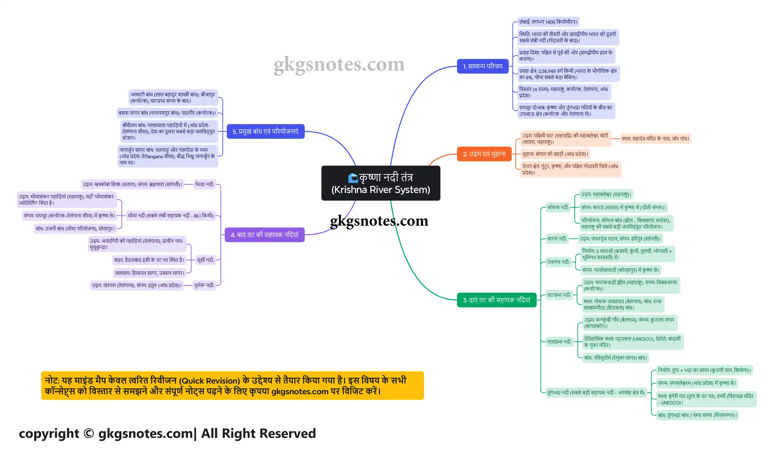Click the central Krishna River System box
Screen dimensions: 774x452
click(x=381, y=183)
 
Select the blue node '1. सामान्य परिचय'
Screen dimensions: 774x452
click(x=483, y=66)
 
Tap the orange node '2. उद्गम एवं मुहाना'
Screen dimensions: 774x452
click(x=484, y=154)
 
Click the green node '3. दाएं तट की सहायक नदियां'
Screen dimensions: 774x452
click(x=497, y=300)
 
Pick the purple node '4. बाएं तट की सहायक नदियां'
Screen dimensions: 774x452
click(x=264, y=235)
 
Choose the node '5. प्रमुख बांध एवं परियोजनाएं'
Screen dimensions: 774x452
click(x=265, y=131)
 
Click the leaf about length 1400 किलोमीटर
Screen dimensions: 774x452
click(x=548, y=22)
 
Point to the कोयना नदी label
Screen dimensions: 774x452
click(x=558, y=207)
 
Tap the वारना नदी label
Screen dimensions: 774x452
click(x=557, y=239)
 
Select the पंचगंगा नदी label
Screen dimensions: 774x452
click(x=558, y=262)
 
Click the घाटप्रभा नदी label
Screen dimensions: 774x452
click(x=559, y=295)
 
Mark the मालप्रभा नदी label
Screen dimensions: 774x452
click(x=559, y=342)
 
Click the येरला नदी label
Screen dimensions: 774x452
click(x=204, y=184)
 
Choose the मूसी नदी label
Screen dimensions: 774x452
click(x=205, y=260)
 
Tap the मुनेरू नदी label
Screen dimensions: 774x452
click(x=204, y=285)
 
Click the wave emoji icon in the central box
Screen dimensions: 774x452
click(x=353, y=178)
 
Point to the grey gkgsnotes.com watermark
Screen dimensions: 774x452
click(x=339, y=65)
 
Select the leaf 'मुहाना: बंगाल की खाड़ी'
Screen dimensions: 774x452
click(x=555, y=154)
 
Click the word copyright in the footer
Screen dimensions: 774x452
click(x=49, y=434)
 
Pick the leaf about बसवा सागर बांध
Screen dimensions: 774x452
click(x=167, y=113)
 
